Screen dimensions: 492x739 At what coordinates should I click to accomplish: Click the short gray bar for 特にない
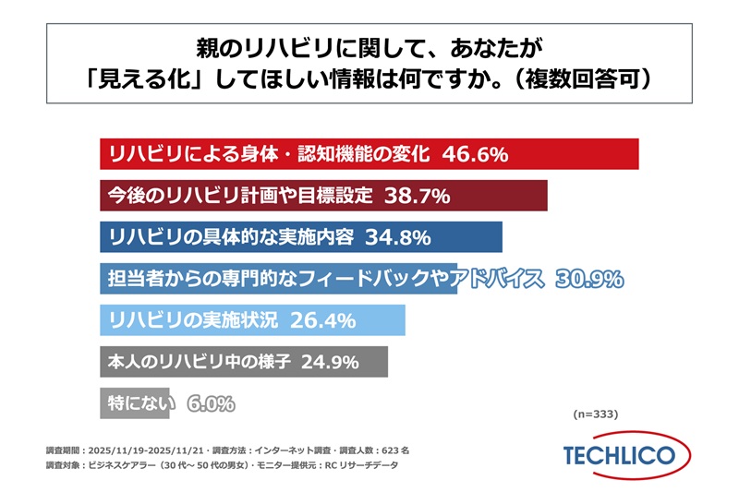pyautogui.click(x=109, y=403)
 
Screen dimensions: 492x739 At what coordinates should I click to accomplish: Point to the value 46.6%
pyautogui.click(x=475, y=154)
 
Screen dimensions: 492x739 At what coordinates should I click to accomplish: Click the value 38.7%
pyautogui.click(x=416, y=196)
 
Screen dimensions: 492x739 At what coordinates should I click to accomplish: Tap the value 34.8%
pyautogui.click(x=398, y=237)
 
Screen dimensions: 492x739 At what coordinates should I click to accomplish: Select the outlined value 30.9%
pyautogui.click(x=588, y=279)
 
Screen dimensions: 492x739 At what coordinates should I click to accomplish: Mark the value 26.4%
pyautogui.click(x=323, y=320)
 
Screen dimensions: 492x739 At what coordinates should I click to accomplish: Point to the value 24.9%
pyautogui.click(x=324, y=362)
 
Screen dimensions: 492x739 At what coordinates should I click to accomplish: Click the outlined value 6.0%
pyautogui.click(x=211, y=403)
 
